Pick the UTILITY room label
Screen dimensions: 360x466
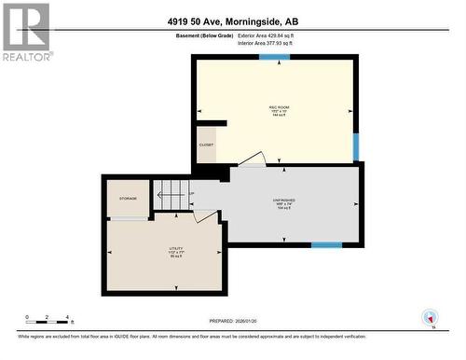[x=163, y=250]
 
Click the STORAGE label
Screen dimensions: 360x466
[x=128, y=198]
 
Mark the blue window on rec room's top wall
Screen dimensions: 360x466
[x=274, y=58]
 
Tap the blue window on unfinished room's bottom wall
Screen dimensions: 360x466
[x=325, y=245]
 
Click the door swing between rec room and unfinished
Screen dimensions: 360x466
[x=252, y=160]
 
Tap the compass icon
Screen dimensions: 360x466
[x=430, y=317]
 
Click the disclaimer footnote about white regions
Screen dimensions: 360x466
[x=192, y=336]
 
